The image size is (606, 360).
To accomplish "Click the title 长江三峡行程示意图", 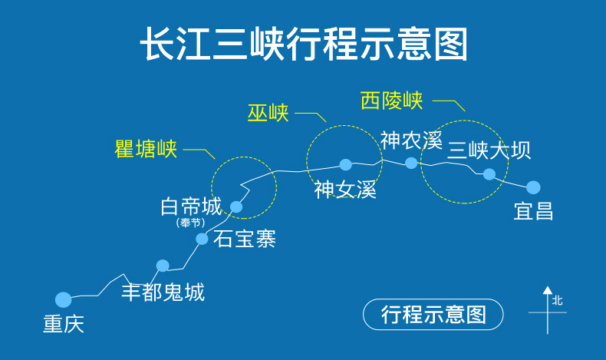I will tap(303, 45).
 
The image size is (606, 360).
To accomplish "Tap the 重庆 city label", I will tap(63, 324).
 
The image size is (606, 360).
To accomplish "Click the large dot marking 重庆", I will tap(64, 299).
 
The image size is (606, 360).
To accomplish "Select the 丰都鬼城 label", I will tap(163, 292).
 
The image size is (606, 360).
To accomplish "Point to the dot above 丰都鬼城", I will tap(163, 266).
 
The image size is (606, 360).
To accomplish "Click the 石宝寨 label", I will tap(245, 239).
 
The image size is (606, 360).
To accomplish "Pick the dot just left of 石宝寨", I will tap(202, 239).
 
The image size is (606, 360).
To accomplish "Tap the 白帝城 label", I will tap(191, 206).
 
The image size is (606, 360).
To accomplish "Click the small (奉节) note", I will tap(191, 223).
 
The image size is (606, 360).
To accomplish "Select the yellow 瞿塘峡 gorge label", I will tap(146, 149).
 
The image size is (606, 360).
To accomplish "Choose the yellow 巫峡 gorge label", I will tap(268, 113).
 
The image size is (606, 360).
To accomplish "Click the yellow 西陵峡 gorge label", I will tap(391, 101).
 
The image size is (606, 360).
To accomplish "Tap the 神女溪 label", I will tap(345, 189).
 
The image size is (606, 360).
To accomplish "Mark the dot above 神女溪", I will tap(346, 164).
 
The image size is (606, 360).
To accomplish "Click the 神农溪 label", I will tap(411, 140).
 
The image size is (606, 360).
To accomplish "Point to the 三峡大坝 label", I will tap(489, 149).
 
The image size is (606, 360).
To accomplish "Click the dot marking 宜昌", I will tap(533, 187).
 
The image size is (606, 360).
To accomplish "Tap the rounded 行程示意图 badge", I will tap(433, 315).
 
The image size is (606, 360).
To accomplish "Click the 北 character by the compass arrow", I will tap(558, 300).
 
